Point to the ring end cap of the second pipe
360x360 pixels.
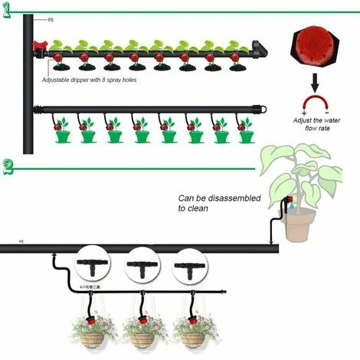pyautogui.click(x=266, y=109)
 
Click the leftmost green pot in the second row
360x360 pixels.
pyautogui.click(x=64, y=136)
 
